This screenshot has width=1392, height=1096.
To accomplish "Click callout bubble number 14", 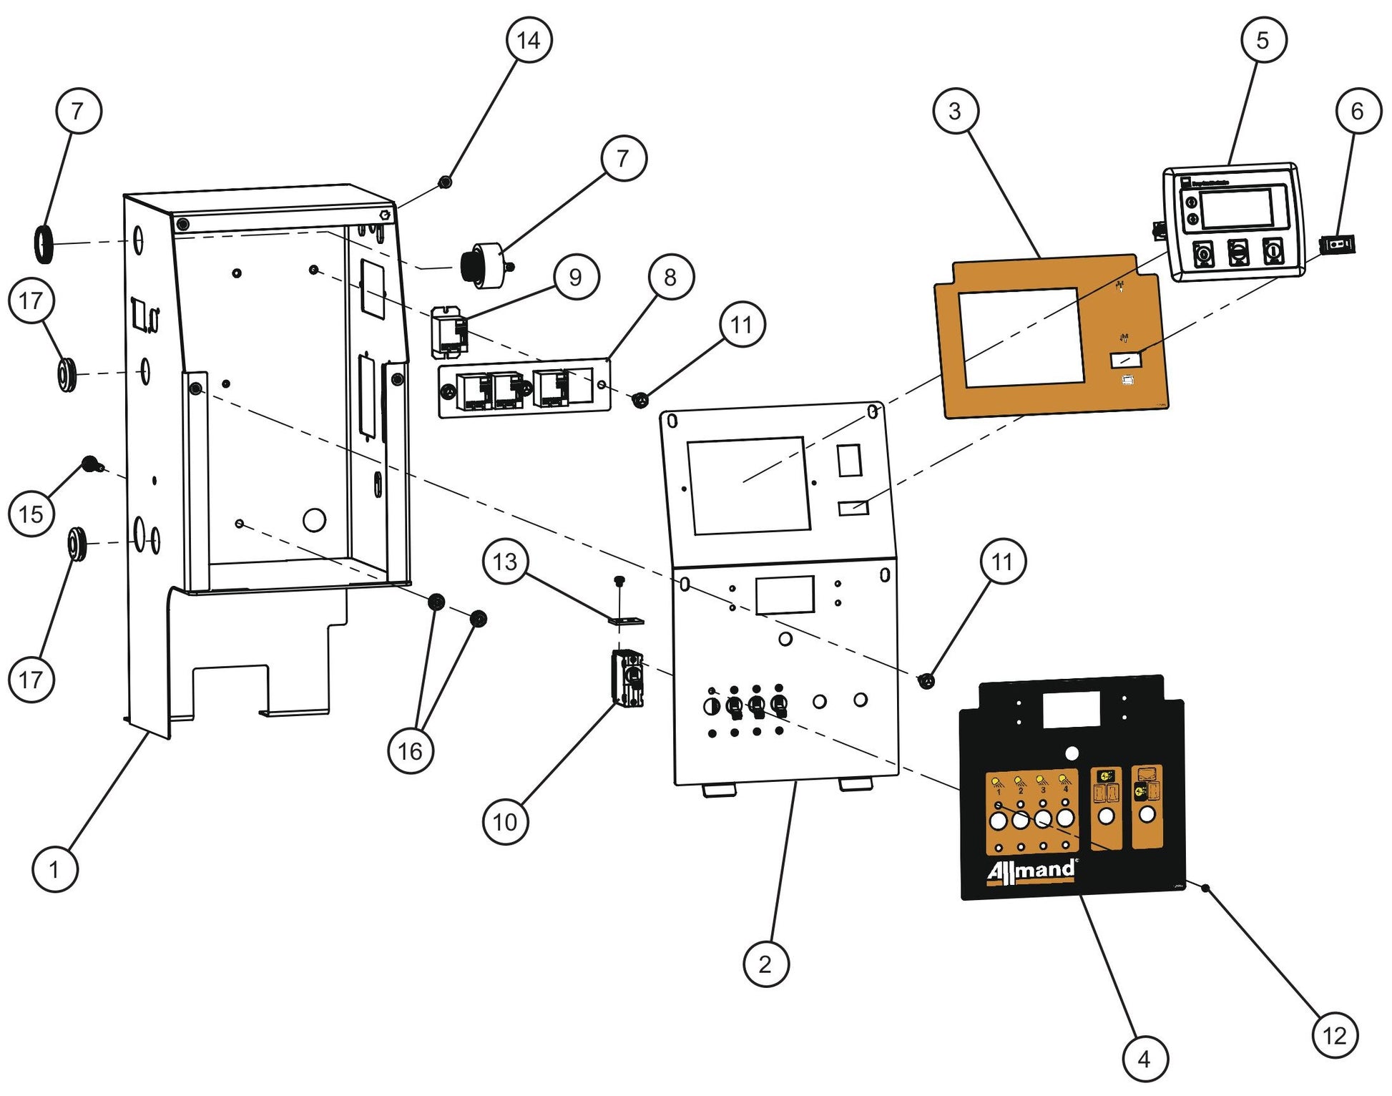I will (528, 40).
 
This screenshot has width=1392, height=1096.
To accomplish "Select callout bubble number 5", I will (1263, 40).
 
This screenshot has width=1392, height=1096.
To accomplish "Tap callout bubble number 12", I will (1334, 1035).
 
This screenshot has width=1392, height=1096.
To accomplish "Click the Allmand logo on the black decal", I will (1031, 871).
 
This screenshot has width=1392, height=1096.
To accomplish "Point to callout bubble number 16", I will (410, 751).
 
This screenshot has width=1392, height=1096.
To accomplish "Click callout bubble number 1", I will (54, 869).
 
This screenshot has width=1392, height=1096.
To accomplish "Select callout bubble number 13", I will (505, 562).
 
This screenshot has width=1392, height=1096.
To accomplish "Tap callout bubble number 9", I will (576, 277).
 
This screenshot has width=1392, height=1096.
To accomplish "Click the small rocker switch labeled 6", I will (1338, 245).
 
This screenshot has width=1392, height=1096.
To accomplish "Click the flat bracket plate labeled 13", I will (627, 621).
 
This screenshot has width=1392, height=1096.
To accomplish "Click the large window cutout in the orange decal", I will (1021, 336).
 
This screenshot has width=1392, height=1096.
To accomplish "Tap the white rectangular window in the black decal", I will (1071, 710).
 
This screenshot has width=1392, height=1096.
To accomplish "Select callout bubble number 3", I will (955, 111).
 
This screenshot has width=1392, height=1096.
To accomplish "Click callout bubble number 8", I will (670, 277).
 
